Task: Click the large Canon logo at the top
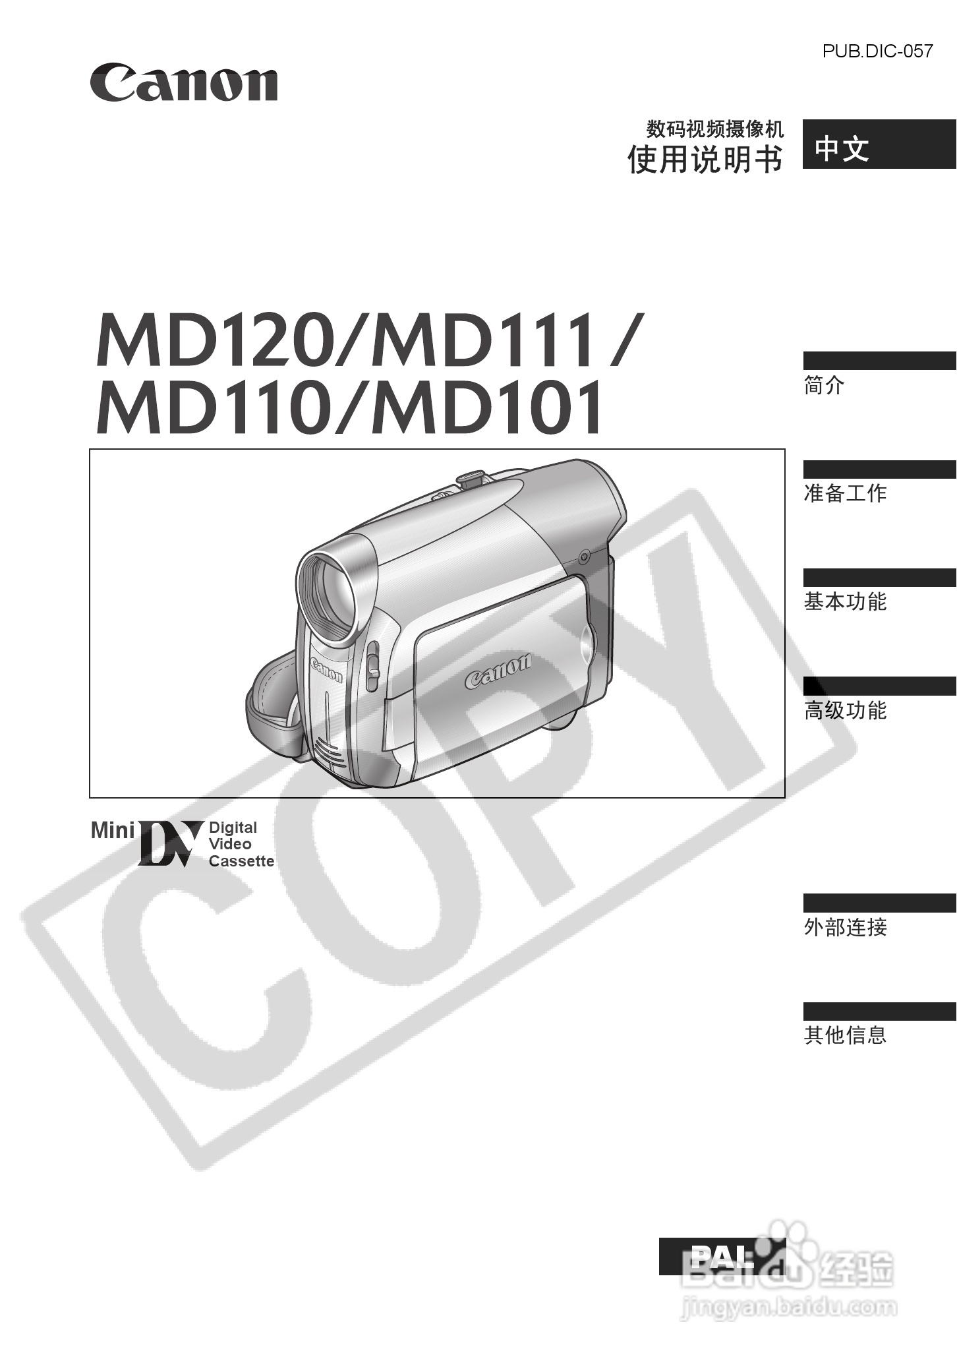(x=184, y=82)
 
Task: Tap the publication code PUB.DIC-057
(x=877, y=51)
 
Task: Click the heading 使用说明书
(x=705, y=159)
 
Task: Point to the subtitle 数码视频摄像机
(x=715, y=127)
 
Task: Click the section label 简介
(x=824, y=385)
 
